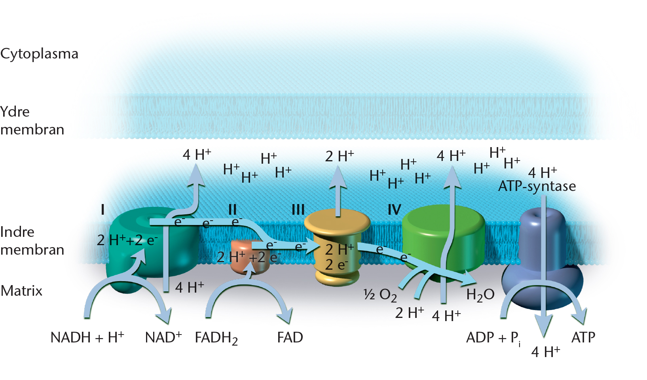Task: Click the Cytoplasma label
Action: pyautogui.click(x=39, y=54)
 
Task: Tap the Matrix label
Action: pyautogui.click(x=21, y=291)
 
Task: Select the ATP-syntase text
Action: pyautogui.click(x=537, y=187)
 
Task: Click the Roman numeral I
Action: pyautogui.click(x=102, y=210)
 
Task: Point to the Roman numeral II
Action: pyautogui.click(x=233, y=210)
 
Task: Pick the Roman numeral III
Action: pyautogui.click(x=298, y=210)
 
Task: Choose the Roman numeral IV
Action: pyautogui.click(x=395, y=210)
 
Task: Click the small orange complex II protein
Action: pyautogui.click(x=250, y=257)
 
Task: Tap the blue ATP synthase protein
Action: pyautogui.click(x=543, y=260)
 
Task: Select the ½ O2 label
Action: pyautogui.click(x=380, y=295)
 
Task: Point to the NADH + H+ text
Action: pyautogui.click(x=87, y=337)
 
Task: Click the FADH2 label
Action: pyautogui.click(x=216, y=338)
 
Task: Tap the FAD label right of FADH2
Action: pyautogui.click(x=290, y=337)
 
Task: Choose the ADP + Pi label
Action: pyautogui.click(x=493, y=338)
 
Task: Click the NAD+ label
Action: pyautogui.click(x=163, y=337)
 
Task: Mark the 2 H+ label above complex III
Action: pyautogui.click(x=340, y=156)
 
